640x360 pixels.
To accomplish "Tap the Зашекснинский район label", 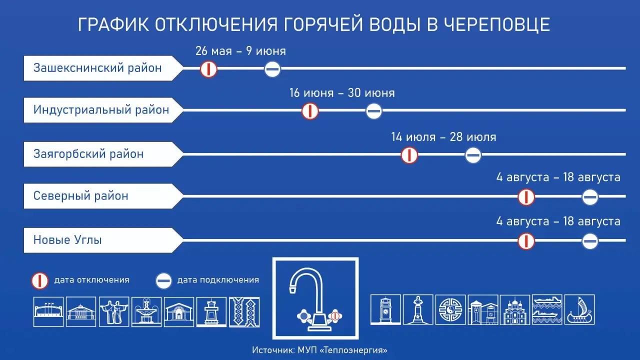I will (x=97, y=68).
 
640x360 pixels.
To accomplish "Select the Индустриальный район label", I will (x=101, y=110).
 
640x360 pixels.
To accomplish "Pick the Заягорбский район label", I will (x=88, y=154).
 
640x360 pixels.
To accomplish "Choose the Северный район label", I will (x=81, y=196).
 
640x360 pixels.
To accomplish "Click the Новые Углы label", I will (x=67, y=240).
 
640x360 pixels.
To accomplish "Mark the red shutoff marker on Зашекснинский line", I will (x=208, y=69).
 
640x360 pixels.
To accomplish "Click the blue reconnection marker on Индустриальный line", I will (x=374, y=111).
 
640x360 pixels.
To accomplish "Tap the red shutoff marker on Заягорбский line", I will (x=409, y=155).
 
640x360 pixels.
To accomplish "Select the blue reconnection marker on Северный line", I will (x=590, y=197).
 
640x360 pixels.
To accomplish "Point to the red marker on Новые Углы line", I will (x=526, y=241).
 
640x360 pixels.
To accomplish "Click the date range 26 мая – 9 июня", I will (x=240, y=51).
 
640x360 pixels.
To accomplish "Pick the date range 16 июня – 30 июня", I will (x=342, y=93).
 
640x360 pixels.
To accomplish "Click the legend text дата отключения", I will (x=91, y=280).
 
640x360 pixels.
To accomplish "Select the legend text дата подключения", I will (x=218, y=280).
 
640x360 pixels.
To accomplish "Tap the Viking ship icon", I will (x=580, y=309).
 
